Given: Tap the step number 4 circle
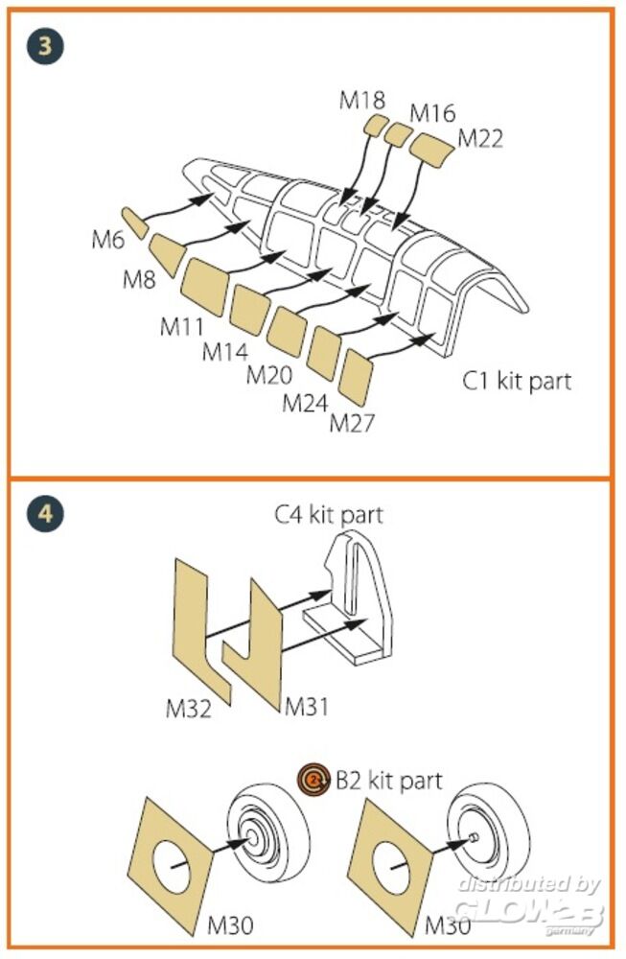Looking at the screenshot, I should [x=44, y=513].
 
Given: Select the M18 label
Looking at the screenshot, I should [x=362, y=100].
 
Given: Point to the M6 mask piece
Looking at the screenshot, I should [x=134, y=222].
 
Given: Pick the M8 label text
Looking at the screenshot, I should [x=141, y=280].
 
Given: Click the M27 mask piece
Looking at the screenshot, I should [x=359, y=377].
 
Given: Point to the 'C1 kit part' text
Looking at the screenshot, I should [x=517, y=381].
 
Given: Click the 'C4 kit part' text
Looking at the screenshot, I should [x=328, y=515].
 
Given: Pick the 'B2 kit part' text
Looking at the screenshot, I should [x=389, y=781].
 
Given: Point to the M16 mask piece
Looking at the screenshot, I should [x=397, y=134].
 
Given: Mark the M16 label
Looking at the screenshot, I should [x=432, y=112].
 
